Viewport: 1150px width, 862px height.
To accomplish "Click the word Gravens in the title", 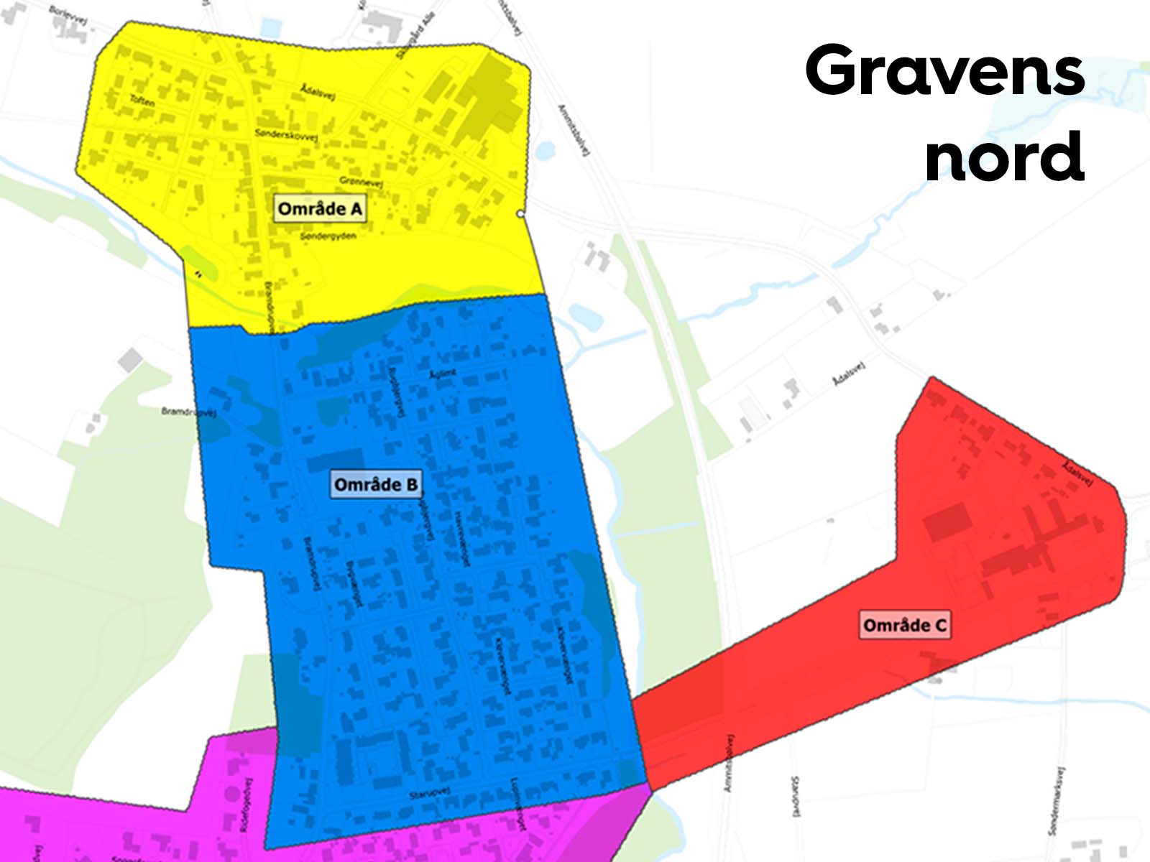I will click(944, 70).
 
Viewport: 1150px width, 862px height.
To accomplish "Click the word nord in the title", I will click(1004, 157).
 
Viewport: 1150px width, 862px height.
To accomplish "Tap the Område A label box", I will click(320, 209).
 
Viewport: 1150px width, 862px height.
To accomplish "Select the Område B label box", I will click(376, 485).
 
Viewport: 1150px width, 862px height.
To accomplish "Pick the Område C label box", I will click(905, 625).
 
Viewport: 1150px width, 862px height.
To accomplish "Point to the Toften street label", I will click(142, 101).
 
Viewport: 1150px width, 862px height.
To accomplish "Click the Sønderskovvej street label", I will click(286, 134).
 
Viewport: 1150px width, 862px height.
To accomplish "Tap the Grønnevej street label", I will click(361, 182).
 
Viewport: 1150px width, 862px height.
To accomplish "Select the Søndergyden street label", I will click(328, 236).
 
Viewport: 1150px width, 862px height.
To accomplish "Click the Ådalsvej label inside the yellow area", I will click(317, 92).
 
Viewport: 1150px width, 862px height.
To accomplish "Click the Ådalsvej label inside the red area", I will click(1077, 473).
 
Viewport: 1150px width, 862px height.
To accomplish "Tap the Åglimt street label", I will click(443, 374).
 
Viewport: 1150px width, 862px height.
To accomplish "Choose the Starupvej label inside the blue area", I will click(429, 793).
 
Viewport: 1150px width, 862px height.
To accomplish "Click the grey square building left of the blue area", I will click(130, 359).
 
